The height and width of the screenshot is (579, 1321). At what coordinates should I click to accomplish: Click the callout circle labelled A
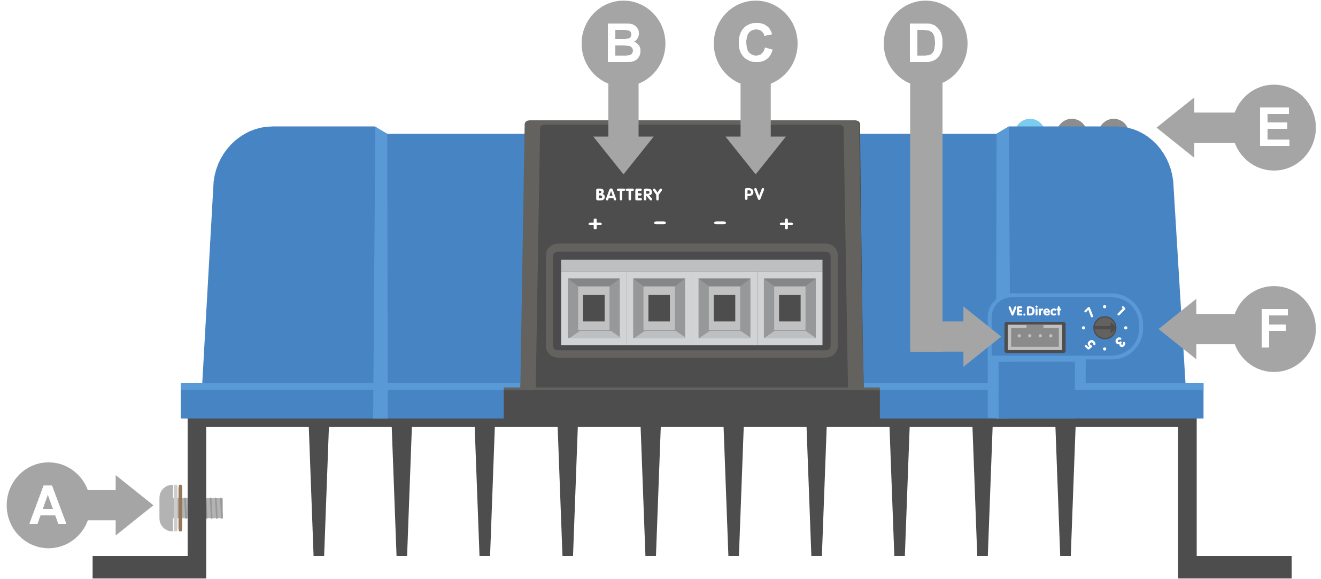[48, 505]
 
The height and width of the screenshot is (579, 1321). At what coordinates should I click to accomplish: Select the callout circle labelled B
[623, 43]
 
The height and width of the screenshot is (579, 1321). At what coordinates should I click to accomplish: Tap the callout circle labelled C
[755, 43]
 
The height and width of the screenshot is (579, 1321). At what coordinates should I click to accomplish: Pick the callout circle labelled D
[925, 43]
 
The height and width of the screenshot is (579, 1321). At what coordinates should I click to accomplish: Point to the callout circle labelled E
[1274, 127]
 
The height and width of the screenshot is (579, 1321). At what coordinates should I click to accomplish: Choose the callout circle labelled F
[1274, 329]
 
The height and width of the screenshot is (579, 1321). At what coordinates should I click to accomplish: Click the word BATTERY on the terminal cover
[629, 195]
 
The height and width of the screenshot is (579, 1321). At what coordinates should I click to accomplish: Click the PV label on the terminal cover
[754, 194]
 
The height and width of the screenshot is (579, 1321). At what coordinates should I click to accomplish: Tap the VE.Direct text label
[1034, 311]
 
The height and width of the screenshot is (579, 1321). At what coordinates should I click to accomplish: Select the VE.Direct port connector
[1035, 337]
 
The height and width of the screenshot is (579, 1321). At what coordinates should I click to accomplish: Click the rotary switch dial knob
[1104, 328]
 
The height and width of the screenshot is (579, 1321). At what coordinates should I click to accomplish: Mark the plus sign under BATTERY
[595, 223]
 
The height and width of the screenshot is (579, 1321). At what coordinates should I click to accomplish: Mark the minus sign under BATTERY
[660, 223]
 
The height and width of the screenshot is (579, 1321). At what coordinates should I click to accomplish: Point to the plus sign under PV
[786, 223]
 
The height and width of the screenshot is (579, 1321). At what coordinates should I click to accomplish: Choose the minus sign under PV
[720, 223]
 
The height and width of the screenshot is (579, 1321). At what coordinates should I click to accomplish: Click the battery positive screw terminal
[593, 308]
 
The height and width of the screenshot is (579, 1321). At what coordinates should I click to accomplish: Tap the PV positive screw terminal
[790, 308]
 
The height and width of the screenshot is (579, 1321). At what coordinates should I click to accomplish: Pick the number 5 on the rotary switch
[1090, 345]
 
